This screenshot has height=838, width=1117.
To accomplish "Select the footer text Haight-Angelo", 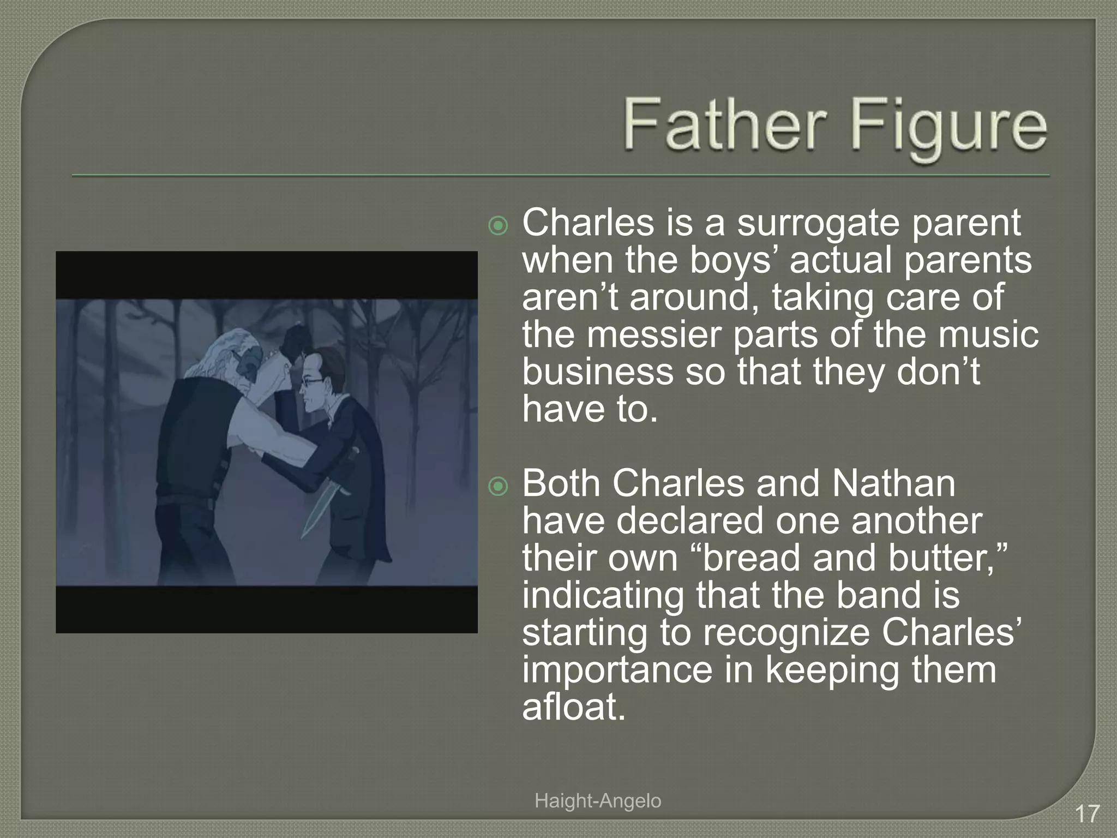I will (598, 801).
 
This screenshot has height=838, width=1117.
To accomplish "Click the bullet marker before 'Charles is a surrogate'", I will (498, 225).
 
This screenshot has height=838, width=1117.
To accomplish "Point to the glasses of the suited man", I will (313, 382).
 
